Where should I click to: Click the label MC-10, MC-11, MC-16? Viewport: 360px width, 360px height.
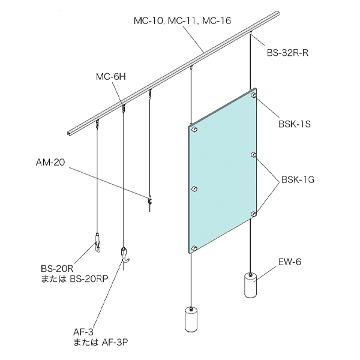coord(182,21)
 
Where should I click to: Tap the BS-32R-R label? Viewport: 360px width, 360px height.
coord(287,53)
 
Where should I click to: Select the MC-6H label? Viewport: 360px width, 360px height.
coord(111,77)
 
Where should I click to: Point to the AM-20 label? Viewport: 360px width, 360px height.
coord(50,163)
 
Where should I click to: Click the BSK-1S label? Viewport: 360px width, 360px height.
coord(295,124)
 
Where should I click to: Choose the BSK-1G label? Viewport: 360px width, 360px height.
coord(298,179)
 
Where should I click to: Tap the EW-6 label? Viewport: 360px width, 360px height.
coord(290,262)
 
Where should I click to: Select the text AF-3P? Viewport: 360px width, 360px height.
coord(114,342)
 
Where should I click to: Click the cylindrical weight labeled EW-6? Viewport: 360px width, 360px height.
coord(251,285)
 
